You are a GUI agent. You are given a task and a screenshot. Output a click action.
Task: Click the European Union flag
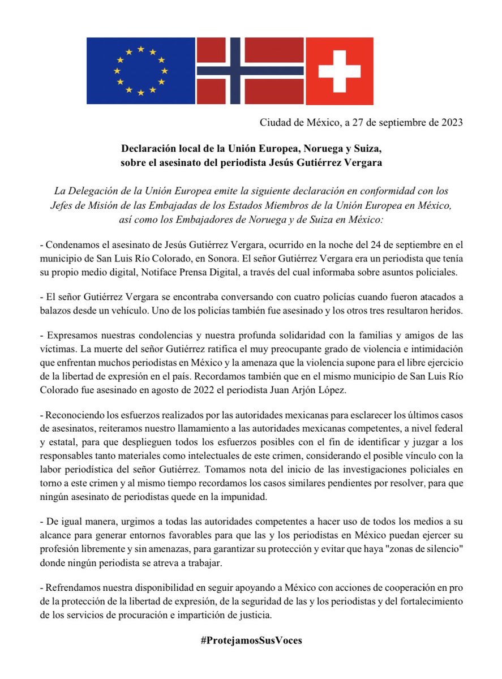tap(140, 71)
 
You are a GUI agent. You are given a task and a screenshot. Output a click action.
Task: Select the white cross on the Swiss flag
tap(339, 71)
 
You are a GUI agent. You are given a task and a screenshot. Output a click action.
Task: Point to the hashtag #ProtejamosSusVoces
tap(251, 641)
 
